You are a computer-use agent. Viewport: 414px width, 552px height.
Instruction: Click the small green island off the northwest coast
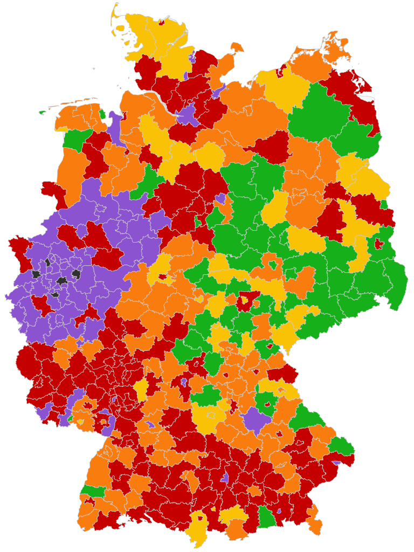point(42,112)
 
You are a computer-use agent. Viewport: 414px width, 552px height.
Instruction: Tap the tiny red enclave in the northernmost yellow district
point(161,22)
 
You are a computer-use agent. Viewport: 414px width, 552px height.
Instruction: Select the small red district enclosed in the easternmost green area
point(379,244)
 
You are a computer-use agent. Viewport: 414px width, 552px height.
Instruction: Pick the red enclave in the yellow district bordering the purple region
point(162,278)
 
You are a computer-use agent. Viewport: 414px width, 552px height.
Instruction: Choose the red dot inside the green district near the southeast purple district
point(267,403)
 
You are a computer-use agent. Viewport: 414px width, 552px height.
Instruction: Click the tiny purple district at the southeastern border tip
point(336,463)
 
